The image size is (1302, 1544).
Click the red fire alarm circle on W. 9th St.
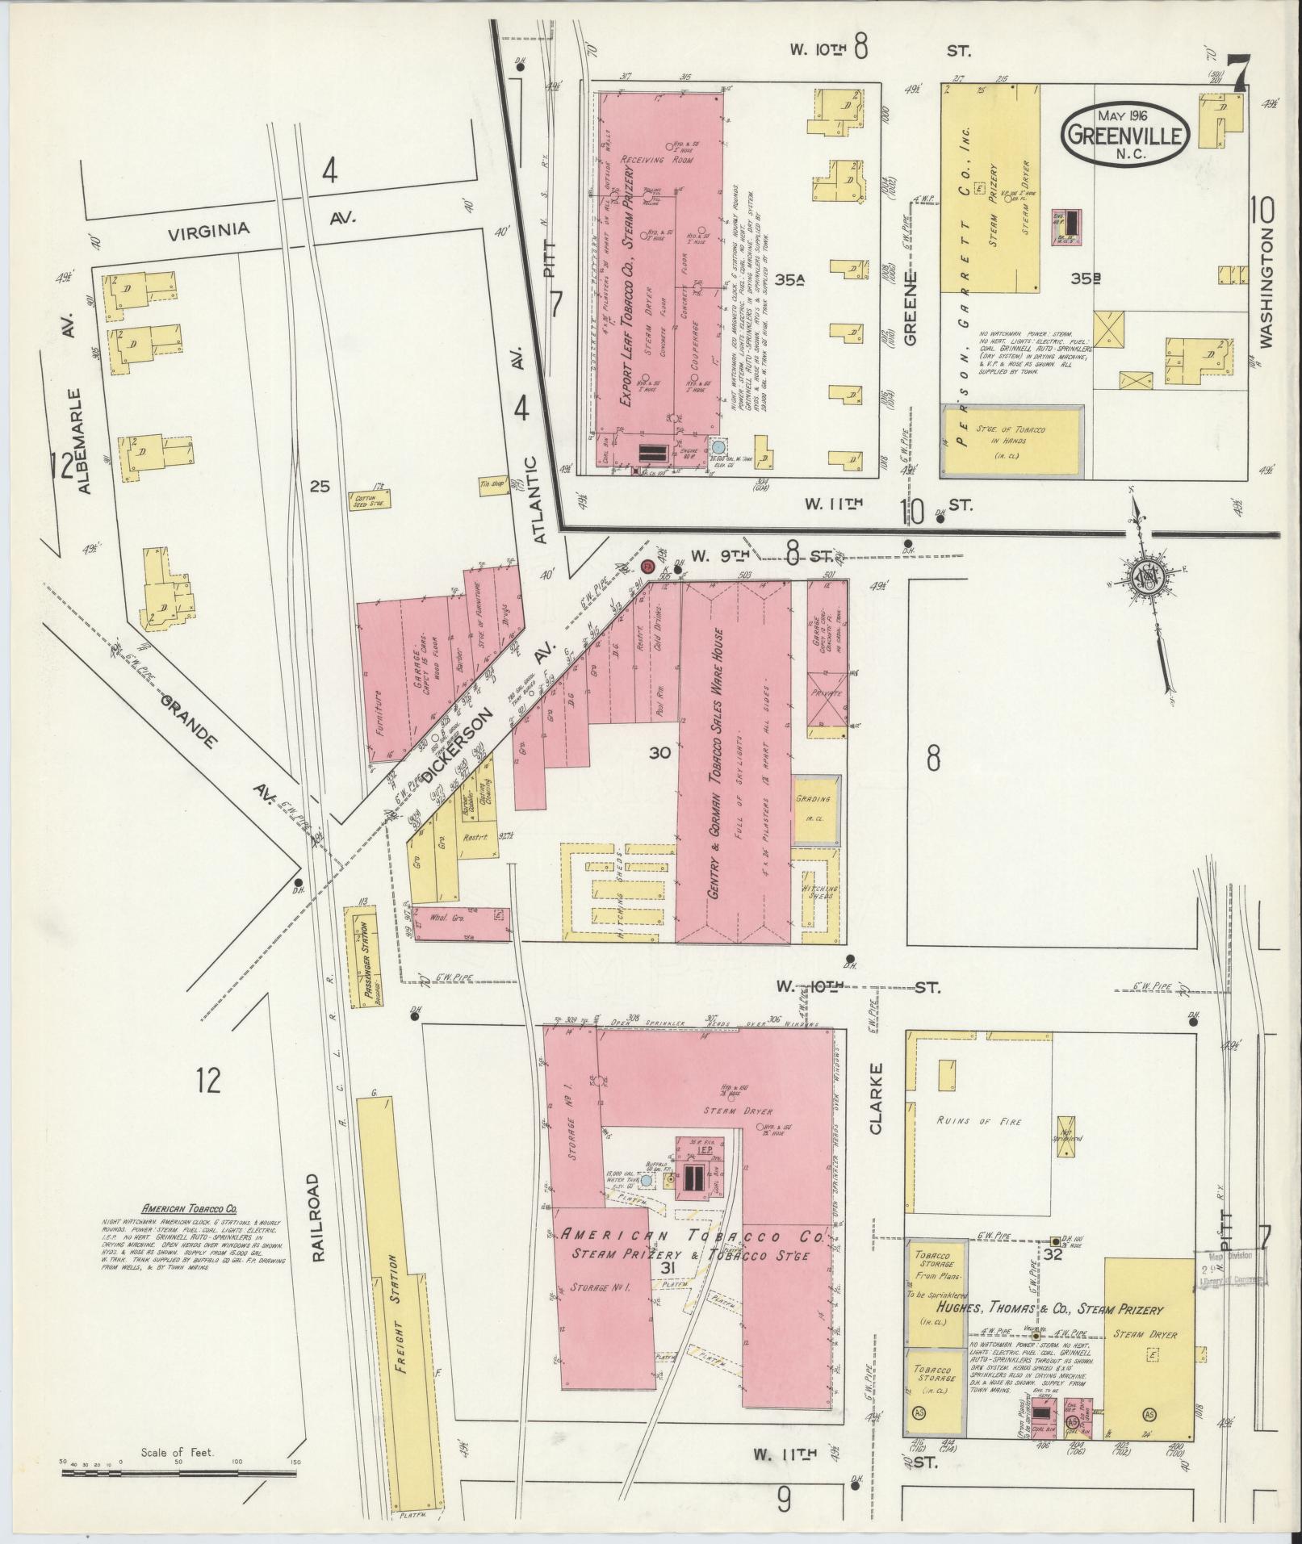(647, 567)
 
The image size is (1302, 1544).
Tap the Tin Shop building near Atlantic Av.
(492, 483)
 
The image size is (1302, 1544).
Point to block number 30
(659, 752)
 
